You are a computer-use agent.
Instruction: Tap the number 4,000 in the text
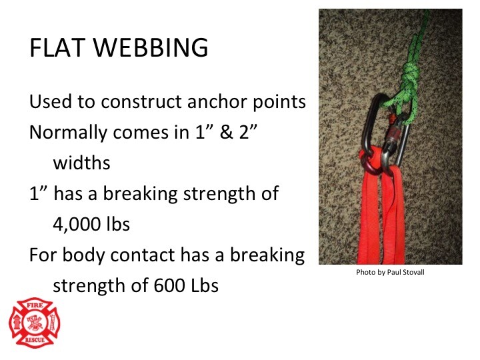coord(78,224)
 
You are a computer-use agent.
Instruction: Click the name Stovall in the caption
coord(415,272)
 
